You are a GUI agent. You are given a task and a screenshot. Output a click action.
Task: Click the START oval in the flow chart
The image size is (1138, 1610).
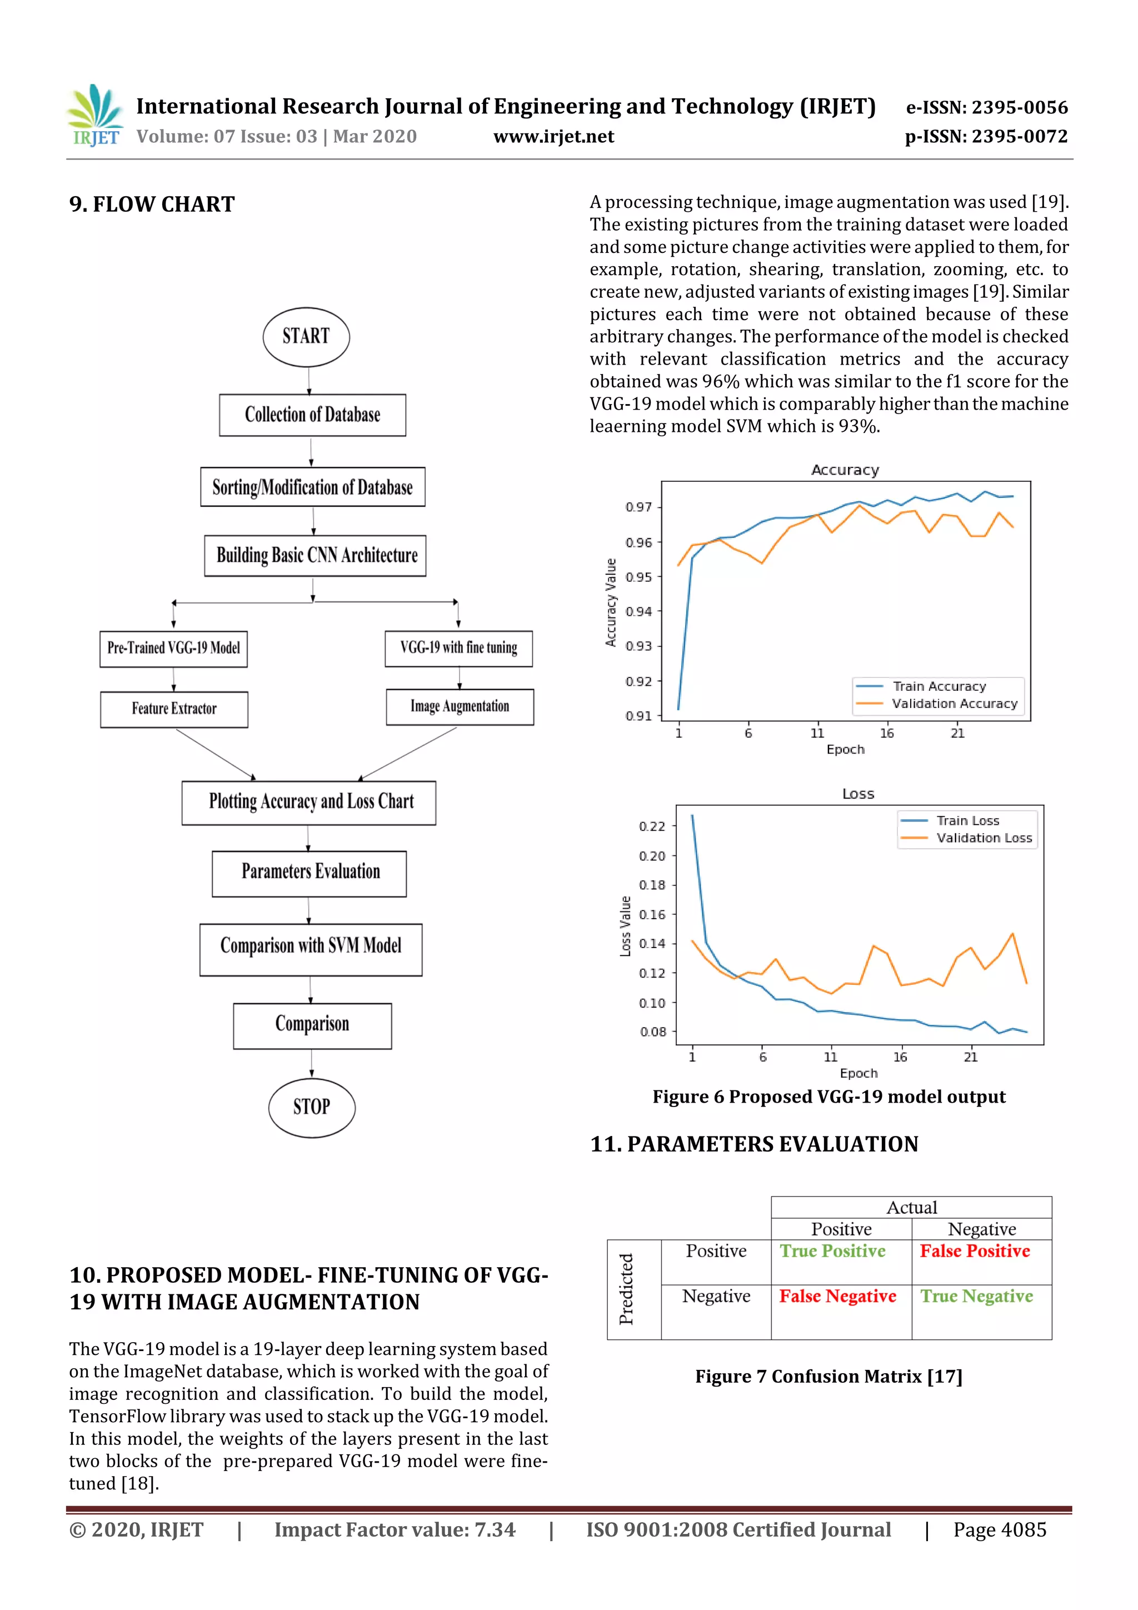tap(306, 337)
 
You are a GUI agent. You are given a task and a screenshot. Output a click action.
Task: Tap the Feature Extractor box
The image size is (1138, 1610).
tap(174, 709)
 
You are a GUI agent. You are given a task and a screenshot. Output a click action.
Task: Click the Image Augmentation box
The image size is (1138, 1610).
tap(460, 706)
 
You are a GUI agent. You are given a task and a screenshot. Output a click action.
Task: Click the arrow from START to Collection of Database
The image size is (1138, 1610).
tap(308, 381)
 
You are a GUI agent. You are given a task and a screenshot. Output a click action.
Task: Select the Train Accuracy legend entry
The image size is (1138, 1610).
tap(938, 686)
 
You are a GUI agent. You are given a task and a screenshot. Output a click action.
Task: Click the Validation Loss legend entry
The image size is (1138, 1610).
tap(983, 838)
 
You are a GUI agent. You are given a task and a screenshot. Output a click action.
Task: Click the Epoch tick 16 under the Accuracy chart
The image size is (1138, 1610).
tap(887, 734)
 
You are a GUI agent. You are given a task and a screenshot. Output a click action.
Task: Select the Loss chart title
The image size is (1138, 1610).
tap(857, 794)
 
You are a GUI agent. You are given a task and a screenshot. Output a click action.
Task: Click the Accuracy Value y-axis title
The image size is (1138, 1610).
tap(611, 602)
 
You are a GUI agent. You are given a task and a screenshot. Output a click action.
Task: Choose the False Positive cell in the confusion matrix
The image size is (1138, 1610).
tap(975, 1251)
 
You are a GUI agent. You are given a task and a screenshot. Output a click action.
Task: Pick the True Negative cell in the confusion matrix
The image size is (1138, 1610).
tap(976, 1297)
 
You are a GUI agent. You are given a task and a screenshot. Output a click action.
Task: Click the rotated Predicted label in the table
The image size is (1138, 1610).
tap(626, 1289)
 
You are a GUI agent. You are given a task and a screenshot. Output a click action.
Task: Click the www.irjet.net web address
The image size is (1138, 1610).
tap(553, 137)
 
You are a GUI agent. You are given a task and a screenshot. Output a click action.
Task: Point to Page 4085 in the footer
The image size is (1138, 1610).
tap(999, 1530)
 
